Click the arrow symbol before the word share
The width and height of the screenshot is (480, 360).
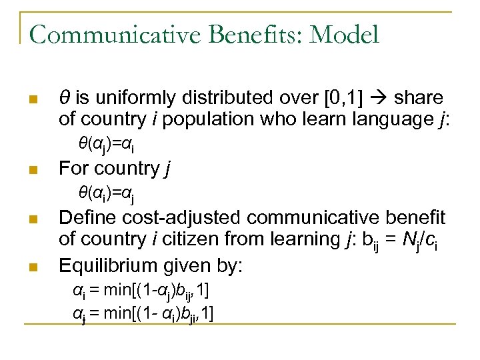(x=377, y=98)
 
